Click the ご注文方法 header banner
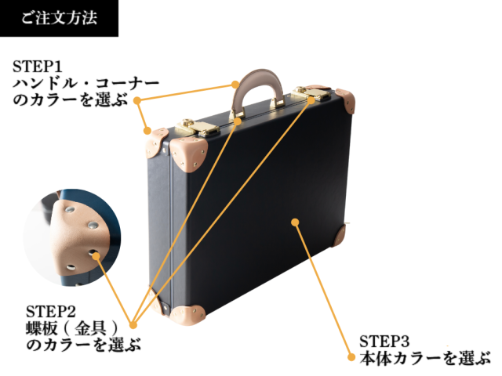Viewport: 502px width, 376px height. click(59, 18)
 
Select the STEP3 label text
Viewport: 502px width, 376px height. click(384, 342)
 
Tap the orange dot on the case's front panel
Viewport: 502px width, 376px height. click(295, 222)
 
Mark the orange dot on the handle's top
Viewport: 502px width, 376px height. click(236, 82)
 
